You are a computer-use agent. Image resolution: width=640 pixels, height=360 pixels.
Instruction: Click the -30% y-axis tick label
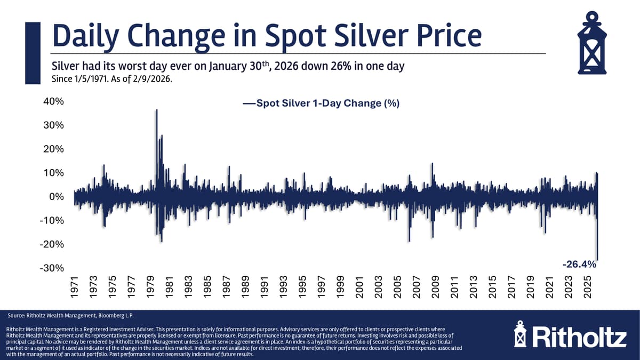click(52, 268)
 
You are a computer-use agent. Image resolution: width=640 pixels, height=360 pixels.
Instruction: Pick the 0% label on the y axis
click(56, 197)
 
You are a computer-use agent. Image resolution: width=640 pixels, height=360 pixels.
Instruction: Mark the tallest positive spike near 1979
click(156, 110)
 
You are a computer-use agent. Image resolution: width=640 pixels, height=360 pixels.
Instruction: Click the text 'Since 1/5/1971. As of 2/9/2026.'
click(113, 79)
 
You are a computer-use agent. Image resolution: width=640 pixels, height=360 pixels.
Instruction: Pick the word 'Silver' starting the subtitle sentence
click(64, 67)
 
